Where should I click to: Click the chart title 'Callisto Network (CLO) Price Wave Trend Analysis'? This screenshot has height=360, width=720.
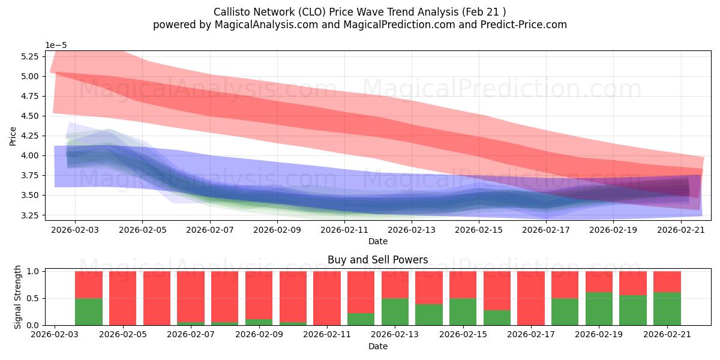tap(335, 12)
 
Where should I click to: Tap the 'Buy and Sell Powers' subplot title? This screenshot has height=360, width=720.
tap(377, 259)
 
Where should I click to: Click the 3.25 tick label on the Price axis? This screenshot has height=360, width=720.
tap(29, 215)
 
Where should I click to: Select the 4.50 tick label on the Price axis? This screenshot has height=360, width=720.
tap(29, 116)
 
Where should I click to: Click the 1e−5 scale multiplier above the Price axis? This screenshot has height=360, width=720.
tap(56, 45)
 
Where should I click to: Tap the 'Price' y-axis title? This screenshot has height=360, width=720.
tap(13, 136)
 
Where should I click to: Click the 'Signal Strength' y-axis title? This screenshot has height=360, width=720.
tap(17, 297)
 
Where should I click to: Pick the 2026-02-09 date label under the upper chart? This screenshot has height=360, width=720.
tap(277, 230)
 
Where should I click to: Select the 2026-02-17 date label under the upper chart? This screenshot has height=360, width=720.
tap(546, 230)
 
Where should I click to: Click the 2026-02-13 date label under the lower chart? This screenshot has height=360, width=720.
tap(395, 334)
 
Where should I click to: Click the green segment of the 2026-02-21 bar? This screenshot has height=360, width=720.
tap(667, 308)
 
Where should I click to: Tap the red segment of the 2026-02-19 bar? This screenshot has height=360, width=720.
tap(599, 281)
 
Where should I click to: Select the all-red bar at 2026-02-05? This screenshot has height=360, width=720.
tap(122, 298)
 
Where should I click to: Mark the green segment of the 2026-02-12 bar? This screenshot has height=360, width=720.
tap(361, 319)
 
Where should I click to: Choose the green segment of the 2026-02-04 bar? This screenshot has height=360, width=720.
tap(88, 312)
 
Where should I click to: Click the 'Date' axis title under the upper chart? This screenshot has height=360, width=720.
tap(377, 241)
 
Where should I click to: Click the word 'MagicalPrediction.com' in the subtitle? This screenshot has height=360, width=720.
tap(399, 25)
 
